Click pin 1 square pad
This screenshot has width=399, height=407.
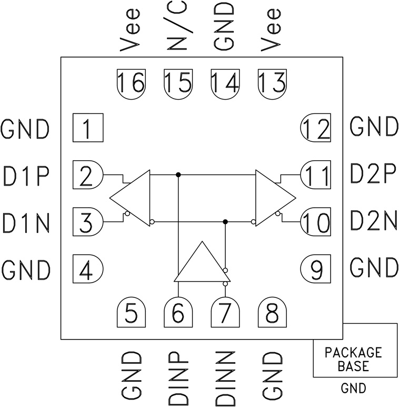pyautogui.click(x=87, y=128)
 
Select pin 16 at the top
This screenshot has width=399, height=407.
pyautogui.click(x=131, y=83)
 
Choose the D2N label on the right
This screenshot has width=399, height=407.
pyautogui.click(x=374, y=221)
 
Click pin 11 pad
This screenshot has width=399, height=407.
pyautogui.click(x=316, y=175)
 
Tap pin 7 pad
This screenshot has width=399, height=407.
pyautogui.click(x=225, y=313)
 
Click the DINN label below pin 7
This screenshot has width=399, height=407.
pyautogui.click(x=225, y=379)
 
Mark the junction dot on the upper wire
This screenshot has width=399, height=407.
pyautogui.click(x=178, y=174)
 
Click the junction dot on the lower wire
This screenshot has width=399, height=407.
pyautogui.click(x=225, y=221)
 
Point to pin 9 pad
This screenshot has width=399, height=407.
pyautogui.click(x=316, y=269)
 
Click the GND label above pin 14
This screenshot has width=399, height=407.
pyautogui.click(x=224, y=26)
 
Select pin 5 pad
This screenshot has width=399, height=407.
pyautogui.click(x=131, y=314)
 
